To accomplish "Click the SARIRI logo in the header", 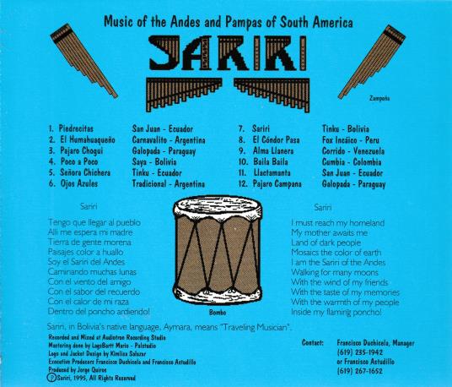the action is (x=228, y=53).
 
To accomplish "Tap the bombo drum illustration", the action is (x=218, y=250).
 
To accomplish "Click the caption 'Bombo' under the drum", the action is (x=218, y=313).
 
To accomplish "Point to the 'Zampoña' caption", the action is (x=379, y=99).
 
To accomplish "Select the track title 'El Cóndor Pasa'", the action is (x=276, y=139).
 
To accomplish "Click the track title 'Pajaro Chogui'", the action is (x=82, y=150).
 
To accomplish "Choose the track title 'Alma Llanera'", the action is (x=273, y=150).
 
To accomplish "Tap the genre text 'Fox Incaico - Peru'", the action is (x=351, y=140).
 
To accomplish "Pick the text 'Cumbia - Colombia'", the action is (x=352, y=162).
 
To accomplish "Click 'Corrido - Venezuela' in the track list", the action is (x=353, y=151).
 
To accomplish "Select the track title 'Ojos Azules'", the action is (x=79, y=183).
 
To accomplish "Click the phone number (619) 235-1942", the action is (x=360, y=352).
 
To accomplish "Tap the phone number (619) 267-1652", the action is (x=360, y=371).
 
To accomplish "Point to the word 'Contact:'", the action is (x=313, y=343).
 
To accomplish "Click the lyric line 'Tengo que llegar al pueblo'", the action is (x=94, y=222).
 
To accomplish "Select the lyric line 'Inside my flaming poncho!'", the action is (x=336, y=312).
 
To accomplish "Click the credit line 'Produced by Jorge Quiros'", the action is (x=78, y=369).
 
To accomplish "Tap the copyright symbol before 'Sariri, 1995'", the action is (x=51, y=378).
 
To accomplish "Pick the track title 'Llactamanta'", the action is (x=272, y=172).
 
